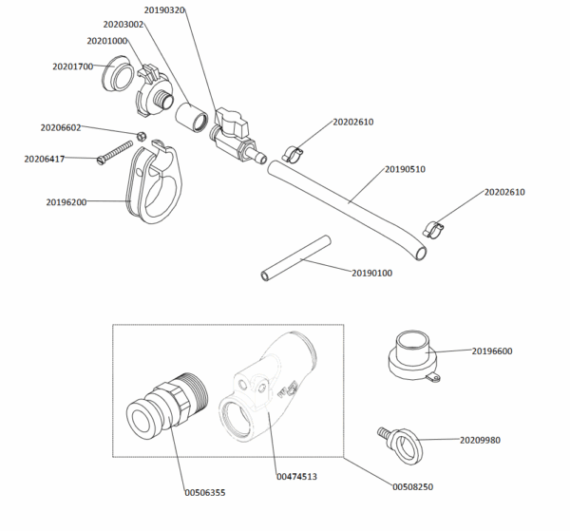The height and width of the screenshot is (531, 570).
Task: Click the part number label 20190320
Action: click(x=164, y=9)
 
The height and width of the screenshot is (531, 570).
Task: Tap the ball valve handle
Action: click(x=231, y=119)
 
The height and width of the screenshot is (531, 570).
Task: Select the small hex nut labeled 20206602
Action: click(x=140, y=136)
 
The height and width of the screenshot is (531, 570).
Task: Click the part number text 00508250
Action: click(x=413, y=487)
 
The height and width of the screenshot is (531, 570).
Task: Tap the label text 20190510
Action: click(x=405, y=169)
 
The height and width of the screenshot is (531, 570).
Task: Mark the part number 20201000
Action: click(x=106, y=41)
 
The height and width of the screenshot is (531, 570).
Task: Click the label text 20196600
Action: click(x=492, y=351)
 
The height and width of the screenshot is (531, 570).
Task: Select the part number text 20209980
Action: click(x=480, y=440)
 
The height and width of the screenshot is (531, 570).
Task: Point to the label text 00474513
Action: click(x=296, y=476)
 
